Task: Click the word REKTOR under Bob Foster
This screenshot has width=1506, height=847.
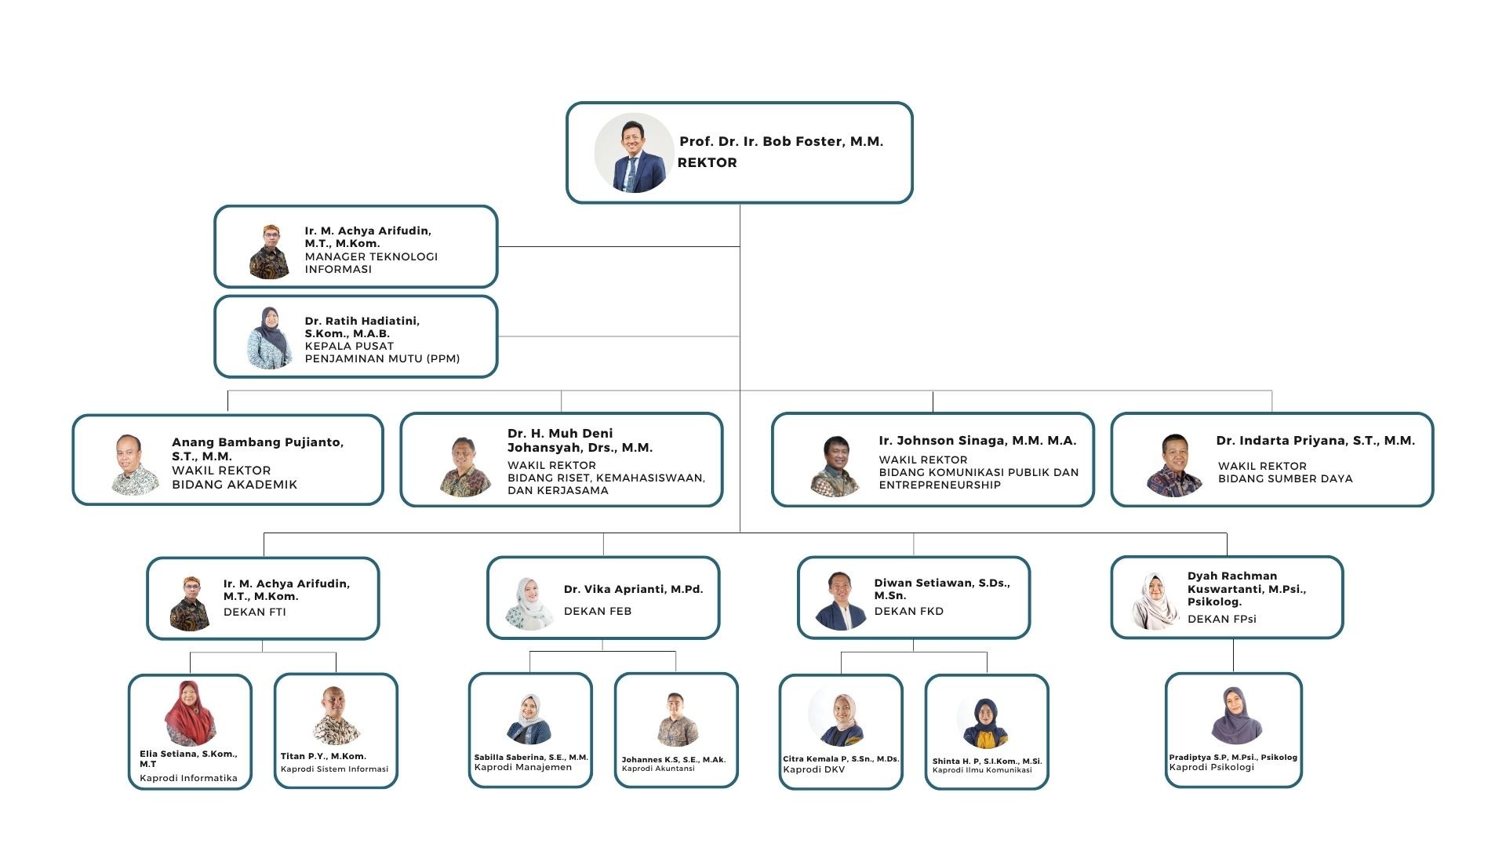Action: click(707, 162)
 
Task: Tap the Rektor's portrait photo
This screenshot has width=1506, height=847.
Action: click(634, 153)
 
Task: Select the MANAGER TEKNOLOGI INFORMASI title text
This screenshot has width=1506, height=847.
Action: click(371, 263)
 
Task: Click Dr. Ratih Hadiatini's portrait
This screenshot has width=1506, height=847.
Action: click(269, 338)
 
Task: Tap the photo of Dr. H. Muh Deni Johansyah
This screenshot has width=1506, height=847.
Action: click(465, 467)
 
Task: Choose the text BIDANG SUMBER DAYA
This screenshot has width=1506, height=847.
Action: click(1285, 478)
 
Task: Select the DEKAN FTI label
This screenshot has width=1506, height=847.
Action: click(254, 612)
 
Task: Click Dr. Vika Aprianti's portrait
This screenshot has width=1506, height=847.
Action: click(529, 604)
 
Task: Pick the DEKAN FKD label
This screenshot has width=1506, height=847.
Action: click(908, 611)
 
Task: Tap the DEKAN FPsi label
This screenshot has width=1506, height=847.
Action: click(1221, 619)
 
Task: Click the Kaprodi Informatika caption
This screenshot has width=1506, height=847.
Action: click(188, 778)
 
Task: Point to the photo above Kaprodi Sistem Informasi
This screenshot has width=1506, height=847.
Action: click(336, 715)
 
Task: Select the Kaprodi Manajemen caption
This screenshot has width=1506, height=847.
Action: click(522, 767)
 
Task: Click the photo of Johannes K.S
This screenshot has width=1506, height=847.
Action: click(675, 718)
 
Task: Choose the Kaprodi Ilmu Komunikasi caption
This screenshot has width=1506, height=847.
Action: click(982, 770)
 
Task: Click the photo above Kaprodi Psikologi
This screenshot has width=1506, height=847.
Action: click(1235, 715)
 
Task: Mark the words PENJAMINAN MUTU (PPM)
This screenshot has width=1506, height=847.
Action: click(382, 358)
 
